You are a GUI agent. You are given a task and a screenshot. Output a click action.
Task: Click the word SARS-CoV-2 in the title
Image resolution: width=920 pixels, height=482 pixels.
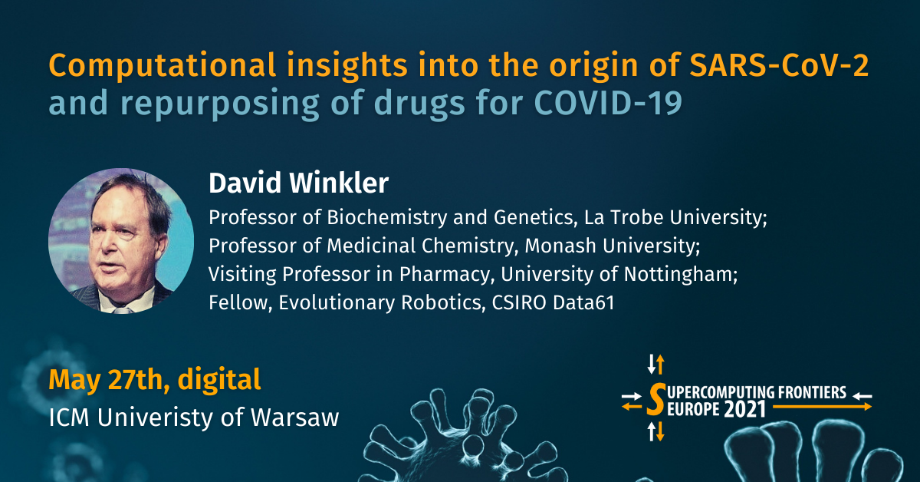click(x=779, y=65)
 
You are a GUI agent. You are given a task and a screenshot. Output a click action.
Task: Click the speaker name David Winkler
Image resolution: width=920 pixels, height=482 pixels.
click(x=298, y=183)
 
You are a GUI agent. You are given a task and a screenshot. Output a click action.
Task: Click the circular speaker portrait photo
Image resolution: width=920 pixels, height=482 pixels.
click(x=121, y=240)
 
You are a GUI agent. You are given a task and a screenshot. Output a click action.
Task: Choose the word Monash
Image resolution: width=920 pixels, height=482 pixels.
click(x=560, y=246)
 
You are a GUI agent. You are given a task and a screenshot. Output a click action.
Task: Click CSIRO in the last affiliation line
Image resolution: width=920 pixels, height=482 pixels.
click(x=519, y=302)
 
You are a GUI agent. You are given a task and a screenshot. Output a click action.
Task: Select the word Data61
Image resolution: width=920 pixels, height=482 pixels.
click(x=583, y=302)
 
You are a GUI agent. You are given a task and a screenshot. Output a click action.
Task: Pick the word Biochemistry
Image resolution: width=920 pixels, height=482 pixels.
click(x=386, y=218)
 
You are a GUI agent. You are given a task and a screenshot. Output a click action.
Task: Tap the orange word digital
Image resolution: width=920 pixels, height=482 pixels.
click(x=219, y=381)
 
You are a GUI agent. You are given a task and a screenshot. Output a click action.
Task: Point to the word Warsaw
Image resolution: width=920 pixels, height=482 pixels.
click(x=295, y=418)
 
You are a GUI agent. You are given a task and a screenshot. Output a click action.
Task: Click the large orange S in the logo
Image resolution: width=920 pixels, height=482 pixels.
click(x=656, y=399)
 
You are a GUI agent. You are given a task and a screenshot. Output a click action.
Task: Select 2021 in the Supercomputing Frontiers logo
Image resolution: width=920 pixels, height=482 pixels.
click(x=745, y=410)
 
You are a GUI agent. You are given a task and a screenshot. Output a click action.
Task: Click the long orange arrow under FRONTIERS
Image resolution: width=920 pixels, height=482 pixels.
click(x=822, y=407)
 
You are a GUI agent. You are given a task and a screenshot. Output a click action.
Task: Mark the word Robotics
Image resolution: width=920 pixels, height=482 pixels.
click(x=441, y=302)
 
